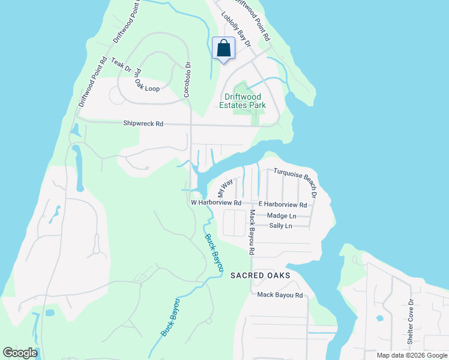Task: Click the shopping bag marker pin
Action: click(223, 49)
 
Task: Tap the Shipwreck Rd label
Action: click(143, 124)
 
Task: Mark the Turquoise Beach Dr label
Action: click(296, 179)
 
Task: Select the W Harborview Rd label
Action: click(216, 203)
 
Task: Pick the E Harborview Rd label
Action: click(282, 205)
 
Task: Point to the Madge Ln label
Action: click(282, 215)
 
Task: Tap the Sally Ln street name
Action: click(280, 226)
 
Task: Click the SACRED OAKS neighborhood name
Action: click(261, 275)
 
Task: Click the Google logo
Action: click(20, 353)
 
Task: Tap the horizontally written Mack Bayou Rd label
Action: click(280, 295)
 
